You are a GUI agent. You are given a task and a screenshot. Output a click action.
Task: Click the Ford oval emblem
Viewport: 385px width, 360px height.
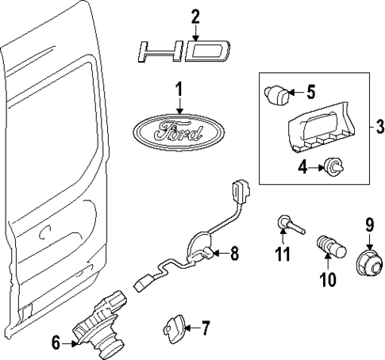(177, 130)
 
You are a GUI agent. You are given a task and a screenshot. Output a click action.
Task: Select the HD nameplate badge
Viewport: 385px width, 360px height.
(183, 53)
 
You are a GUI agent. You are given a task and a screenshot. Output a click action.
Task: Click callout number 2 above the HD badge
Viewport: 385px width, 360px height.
(196, 17)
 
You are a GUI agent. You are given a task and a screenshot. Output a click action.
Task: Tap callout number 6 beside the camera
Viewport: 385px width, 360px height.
(56, 343)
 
